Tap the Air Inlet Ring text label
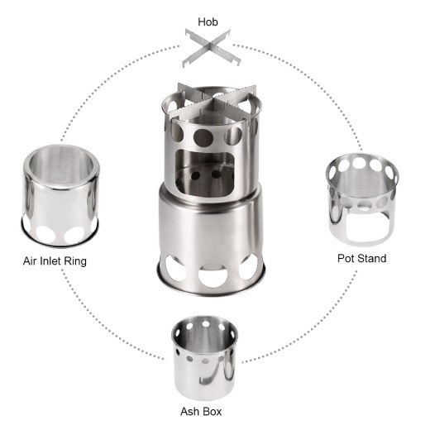[55, 261]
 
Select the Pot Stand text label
[361, 258]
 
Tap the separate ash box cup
[203, 353]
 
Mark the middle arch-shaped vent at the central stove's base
[212, 273]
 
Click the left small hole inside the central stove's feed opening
[197, 174]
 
